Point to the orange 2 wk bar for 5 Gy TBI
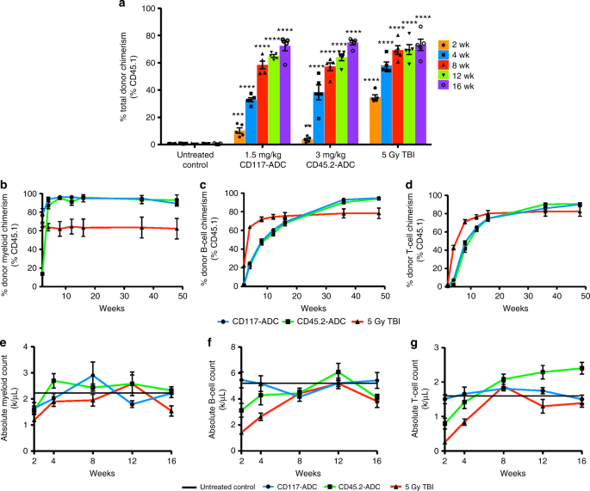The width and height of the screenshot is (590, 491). pos(375,120)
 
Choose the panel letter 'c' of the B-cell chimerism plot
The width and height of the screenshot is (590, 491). pos(225,186)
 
